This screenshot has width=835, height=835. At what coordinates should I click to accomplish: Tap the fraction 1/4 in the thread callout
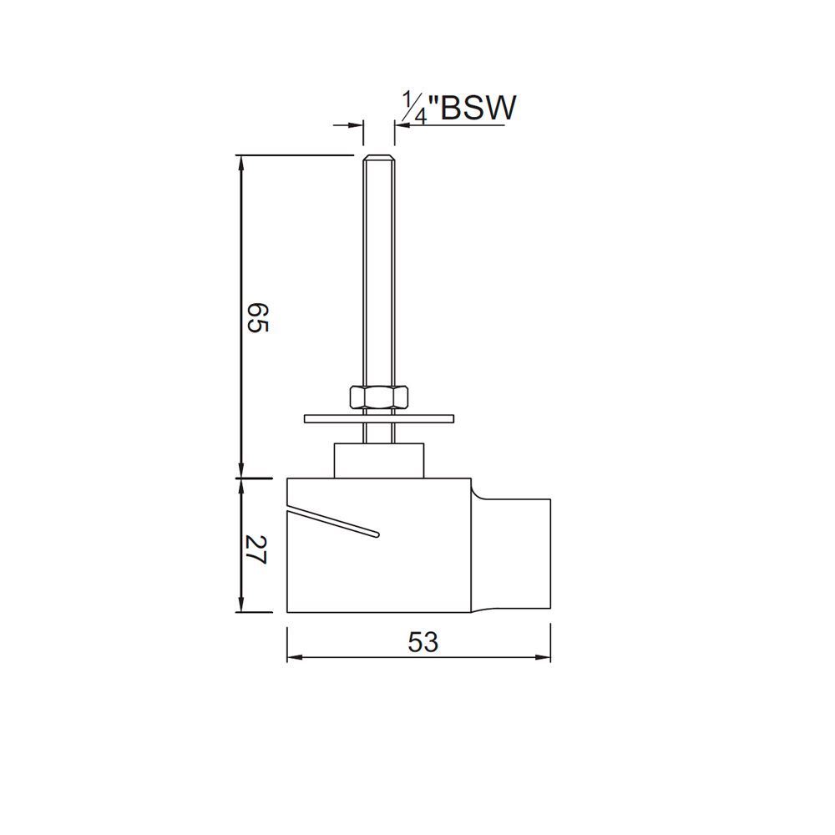tap(414, 109)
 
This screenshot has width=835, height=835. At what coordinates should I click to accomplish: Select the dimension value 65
tap(257, 316)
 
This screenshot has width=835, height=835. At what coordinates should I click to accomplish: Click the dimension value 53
tap(423, 642)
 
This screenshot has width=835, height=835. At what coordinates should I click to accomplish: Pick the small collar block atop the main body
tap(381, 460)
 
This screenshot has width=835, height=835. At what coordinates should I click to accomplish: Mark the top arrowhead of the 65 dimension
tap(241, 162)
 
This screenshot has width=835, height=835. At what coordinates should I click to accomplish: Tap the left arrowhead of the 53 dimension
tap(293, 658)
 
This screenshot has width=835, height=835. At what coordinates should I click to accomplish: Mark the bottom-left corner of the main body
tap(288, 612)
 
